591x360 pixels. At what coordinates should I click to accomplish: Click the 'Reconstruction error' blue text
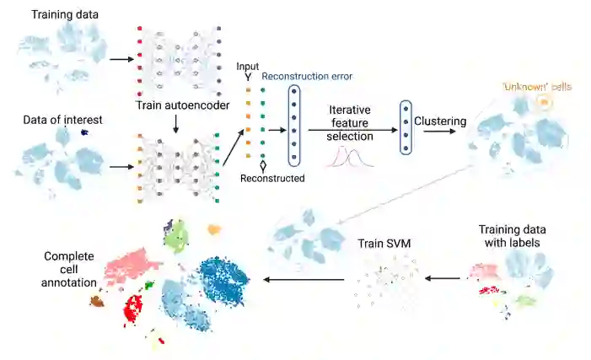click(x=307, y=76)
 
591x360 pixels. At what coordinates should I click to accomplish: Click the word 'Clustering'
click(x=440, y=121)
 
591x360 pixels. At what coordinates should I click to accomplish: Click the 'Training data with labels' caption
click(x=512, y=236)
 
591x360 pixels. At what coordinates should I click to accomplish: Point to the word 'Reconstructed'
click(x=271, y=179)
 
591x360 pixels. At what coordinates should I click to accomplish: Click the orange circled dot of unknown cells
click(x=544, y=103)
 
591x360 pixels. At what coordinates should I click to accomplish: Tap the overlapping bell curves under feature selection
click(x=352, y=157)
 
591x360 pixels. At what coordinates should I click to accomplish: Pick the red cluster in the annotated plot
click(x=133, y=309)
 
